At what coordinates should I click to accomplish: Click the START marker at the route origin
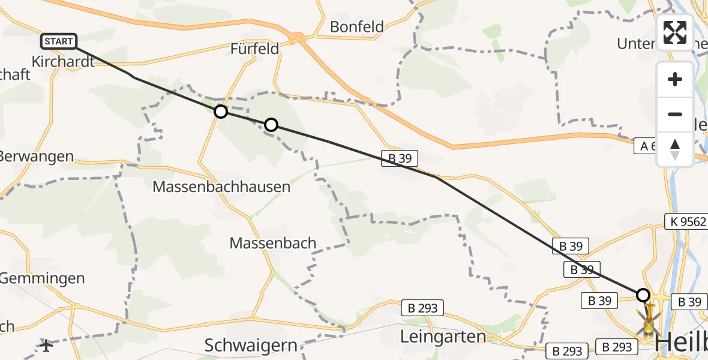[59, 41]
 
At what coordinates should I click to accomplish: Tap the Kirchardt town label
[62, 61]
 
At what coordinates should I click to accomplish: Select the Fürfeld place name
[254, 49]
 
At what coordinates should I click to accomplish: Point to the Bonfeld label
[356, 26]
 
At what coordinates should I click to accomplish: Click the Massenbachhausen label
[221, 187]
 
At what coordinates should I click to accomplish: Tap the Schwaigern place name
[251, 345]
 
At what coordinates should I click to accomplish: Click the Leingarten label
[443, 337]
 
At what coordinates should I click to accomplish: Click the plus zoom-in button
[675, 79]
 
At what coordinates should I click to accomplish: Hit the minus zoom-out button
[675, 114]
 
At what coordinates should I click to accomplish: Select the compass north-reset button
[675, 149]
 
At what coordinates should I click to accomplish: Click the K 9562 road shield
[685, 221]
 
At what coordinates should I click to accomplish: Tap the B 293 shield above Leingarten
[422, 308]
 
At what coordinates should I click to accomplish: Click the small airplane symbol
[46, 345]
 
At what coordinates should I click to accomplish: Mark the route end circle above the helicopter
[643, 295]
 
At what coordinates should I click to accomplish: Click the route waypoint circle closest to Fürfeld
[221, 112]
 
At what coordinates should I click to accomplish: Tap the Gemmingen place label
[42, 278]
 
